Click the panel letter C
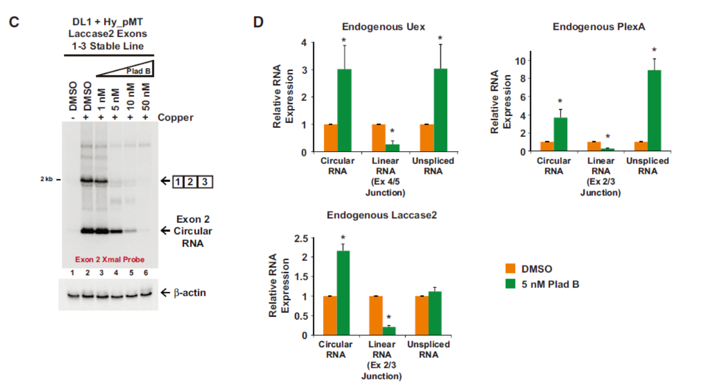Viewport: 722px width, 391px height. (x=14, y=22)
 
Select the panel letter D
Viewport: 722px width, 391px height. (x=258, y=22)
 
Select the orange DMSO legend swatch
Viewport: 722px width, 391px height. (x=511, y=269)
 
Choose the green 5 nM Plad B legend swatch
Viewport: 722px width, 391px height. (x=511, y=285)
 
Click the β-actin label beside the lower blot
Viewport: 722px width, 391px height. (x=191, y=292)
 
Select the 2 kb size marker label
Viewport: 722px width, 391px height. (x=45, y=179)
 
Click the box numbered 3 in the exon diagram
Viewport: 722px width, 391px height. (x=204, y=181)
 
